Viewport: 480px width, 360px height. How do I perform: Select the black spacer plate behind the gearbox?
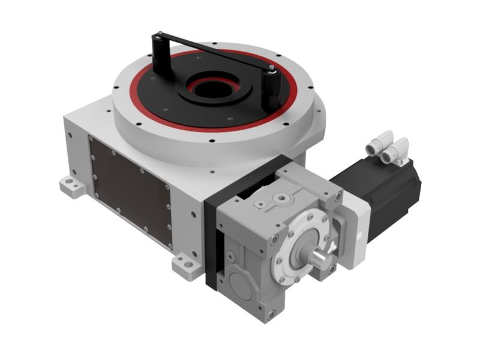(211, 240)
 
